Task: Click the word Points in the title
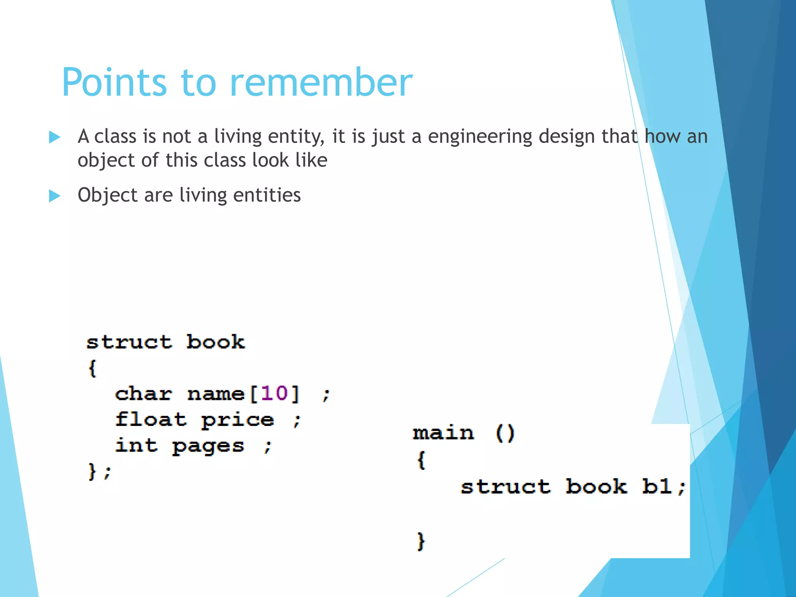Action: pos(115,82)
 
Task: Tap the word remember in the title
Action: pos(321,82)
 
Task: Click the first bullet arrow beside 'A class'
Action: pos(55,137)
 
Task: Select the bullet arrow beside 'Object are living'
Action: pos(55,196)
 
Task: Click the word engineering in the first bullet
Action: pos(480,137)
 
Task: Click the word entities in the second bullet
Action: pos(267,195)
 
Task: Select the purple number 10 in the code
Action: pos(274,393)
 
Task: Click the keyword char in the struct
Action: pos(143,394)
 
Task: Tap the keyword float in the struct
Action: pos(151,420)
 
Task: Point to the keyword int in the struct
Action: pos(136,445)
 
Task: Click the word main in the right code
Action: pos(443,433)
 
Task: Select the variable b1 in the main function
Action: pos(657,486)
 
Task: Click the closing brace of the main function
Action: pos(421,541)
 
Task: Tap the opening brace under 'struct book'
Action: pos(92,368)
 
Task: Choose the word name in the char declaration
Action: pos(216,394)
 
